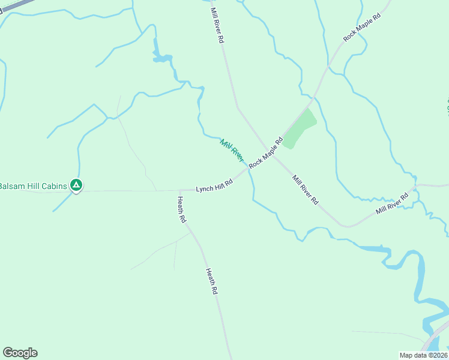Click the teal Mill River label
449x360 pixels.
232,150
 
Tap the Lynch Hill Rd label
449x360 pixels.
214,185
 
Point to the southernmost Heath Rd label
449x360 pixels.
212,281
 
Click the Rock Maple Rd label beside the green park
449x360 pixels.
266,154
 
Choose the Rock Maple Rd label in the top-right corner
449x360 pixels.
362,28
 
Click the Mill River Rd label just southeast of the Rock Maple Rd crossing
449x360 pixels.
305,190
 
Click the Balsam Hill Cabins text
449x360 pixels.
33,185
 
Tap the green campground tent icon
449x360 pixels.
76,185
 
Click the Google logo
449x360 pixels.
20,353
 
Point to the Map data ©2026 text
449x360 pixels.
423,355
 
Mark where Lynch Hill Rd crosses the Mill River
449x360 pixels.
247,170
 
